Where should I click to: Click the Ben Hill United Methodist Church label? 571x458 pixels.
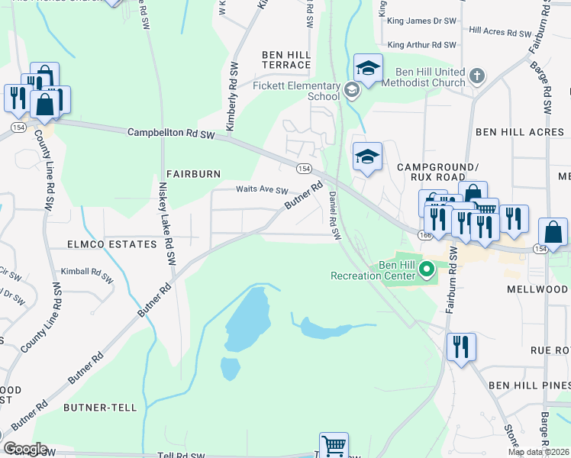(424, 77)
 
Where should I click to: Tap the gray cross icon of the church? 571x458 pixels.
(476, 76)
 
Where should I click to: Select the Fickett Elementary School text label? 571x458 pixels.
(296, 91)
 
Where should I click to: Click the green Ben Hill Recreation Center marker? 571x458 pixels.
(427, 269)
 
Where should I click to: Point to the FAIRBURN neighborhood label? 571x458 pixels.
(193, 174)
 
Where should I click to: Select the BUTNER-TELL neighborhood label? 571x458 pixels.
(100, 408)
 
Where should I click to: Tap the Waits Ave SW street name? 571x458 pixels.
(262, 191)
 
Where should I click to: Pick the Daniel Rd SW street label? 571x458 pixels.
(334, 214)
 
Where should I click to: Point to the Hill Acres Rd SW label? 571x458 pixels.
(500, 33)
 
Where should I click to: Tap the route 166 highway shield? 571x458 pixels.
(425, 236)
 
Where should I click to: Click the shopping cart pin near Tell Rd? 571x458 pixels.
(332, 445)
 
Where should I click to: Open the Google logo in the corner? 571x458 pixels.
(25, 449)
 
